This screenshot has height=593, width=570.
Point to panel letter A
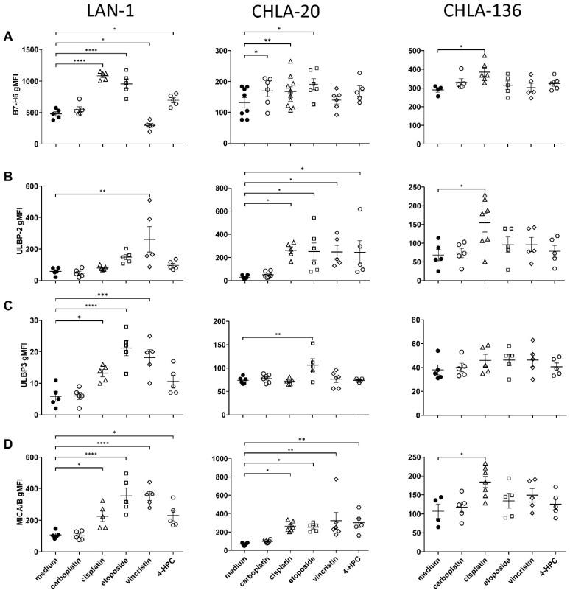pos(7,36)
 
